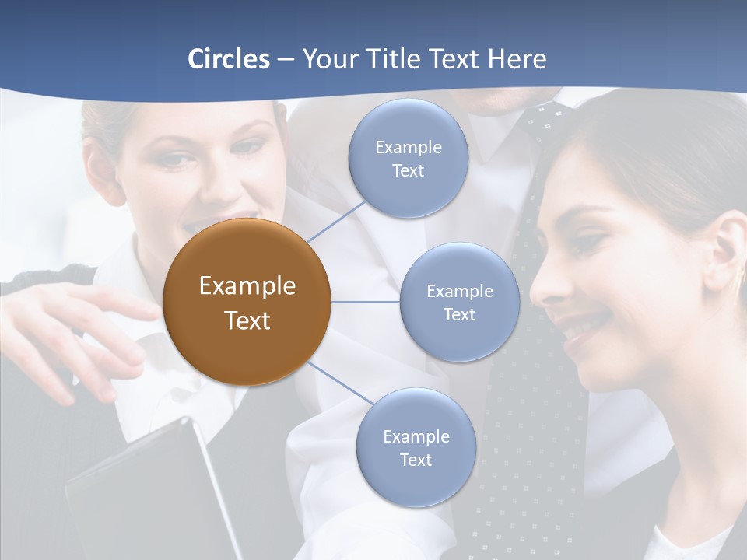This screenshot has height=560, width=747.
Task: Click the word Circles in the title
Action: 229,59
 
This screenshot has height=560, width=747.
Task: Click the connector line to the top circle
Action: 336,222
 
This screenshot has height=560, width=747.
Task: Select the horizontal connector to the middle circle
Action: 366,302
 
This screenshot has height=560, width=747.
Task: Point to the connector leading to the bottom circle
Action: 340,386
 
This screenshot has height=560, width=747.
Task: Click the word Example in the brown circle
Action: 247,286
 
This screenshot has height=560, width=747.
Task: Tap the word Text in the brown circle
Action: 247,320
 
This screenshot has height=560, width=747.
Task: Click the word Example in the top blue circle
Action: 409,148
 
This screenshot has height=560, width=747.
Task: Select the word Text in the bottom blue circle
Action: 416,460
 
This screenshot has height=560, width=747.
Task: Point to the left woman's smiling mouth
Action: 226,226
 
